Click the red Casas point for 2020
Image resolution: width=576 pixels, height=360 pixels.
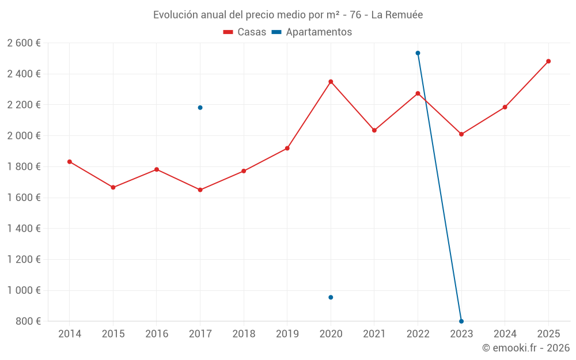tap(331, 82)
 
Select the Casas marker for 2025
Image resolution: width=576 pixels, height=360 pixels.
tap(548, 61)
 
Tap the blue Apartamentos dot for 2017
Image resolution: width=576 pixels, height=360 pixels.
tap(200, 108)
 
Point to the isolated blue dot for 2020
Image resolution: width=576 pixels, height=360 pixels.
tap(331, 297)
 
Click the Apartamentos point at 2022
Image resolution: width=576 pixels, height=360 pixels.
tap(418, 53)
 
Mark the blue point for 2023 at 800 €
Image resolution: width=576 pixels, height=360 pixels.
tap(461, 321)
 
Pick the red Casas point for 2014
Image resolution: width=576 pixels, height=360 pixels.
tap(70, 162)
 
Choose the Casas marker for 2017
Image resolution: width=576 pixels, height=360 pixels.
tap(200, 190)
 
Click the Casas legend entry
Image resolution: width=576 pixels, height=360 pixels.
tap(245, 32)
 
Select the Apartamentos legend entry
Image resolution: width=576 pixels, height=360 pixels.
tap(312, 32)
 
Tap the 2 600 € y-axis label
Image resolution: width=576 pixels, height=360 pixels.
tap(24, 43)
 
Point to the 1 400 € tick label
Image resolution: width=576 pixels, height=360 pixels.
tap(24, 229)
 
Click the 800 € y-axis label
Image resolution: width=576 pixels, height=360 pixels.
tap(28, 321)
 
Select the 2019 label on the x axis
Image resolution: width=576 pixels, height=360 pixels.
tap(287, 334)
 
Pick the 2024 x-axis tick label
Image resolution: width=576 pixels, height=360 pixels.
tap(505, 334)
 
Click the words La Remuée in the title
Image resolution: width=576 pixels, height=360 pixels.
tap(397, 15)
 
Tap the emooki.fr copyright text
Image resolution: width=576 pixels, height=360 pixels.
tap(526, 348)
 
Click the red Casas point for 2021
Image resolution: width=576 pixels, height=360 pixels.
tap(374, 130)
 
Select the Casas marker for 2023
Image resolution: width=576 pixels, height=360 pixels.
tap(461, 134)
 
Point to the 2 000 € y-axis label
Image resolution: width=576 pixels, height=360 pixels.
tap(24, 136)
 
